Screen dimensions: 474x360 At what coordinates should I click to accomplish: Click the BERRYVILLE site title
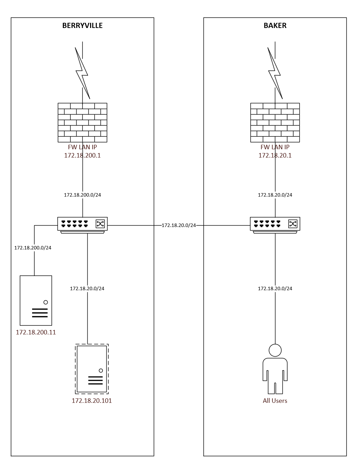pyautogui.click(x=82, y=26)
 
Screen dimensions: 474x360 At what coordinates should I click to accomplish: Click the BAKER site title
pyautogui.click(x=275, y=26)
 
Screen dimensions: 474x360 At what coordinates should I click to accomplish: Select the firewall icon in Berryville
pyautogui.click(x=82, y=122)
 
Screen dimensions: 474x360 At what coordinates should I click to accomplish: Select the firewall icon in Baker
pyautogui.click(x=275, y=122)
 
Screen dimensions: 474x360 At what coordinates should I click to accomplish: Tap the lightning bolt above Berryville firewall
pyautogui.click(x=82, y=73)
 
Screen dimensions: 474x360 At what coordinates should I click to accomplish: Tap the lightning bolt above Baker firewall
pyautogui.click(x=275, y=73)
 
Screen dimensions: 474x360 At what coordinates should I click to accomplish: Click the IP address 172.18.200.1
pyautogui.click(x=82, y=155)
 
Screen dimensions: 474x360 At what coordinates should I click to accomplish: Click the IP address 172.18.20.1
pyautogui.click(x=275, y=155)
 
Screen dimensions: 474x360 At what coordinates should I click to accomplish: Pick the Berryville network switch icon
pyautogui.click(x=82, y=225)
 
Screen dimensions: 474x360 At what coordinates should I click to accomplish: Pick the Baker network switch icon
pyautogui.click(x=275, y=225)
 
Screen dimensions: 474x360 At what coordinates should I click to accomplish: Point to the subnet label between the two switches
pyautogui.click(x=178, y=226)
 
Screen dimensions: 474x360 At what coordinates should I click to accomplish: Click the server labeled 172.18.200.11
pyautogui.click(x=36, y=300)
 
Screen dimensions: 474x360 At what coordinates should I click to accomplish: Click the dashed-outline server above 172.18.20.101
pyautogui.click(x=92, y=369)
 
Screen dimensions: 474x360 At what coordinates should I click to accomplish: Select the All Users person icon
pyautogui.click(x=275, y=369)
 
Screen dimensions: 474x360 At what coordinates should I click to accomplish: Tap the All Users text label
pyautogui.click(x=275, y=401)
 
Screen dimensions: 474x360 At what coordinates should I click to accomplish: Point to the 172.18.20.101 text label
pyautogui.click(x=92, y=401)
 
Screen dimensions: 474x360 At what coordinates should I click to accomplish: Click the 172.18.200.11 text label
pyautogui.click(x=36, y=332)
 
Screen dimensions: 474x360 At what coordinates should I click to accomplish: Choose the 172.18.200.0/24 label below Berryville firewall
pyautogui.click(x=82, y=195)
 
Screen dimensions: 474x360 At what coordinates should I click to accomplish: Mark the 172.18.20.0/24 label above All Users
pyautogui.click(x=275, y=288)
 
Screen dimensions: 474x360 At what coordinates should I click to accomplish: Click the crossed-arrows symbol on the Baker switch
pyautogui.click(x=292, y=224)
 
